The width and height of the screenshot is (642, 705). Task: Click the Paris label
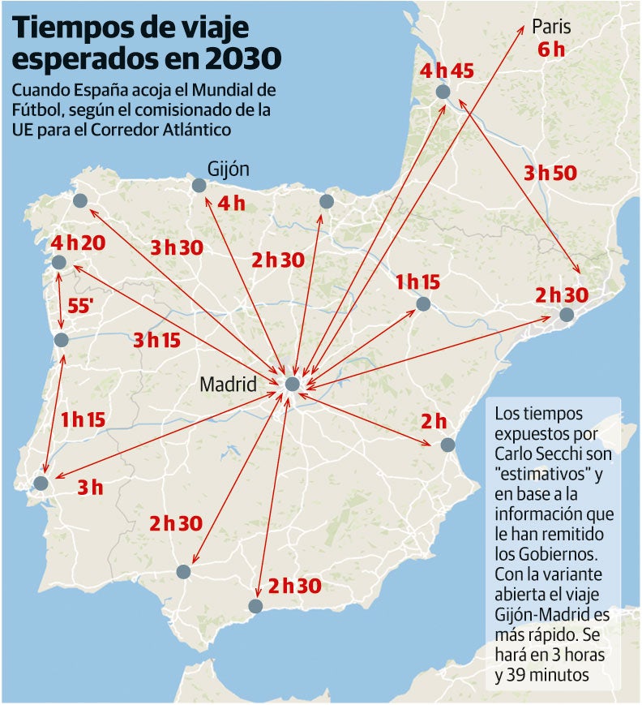(x=551, y=27)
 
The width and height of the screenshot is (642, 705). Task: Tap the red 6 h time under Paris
(x=550, y=49)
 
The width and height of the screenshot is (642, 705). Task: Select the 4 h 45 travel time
(x=447, y=71)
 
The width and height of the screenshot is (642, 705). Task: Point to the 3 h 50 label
(x=550, y=173)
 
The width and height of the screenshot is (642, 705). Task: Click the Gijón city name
(x=228, y=170)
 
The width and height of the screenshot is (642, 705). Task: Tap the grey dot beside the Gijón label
(x=199, y=186)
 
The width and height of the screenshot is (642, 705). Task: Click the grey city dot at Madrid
(x=292, y=384)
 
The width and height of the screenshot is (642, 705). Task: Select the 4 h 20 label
(x=79, y=243)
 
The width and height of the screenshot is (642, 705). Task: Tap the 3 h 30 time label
(x=176, y=248)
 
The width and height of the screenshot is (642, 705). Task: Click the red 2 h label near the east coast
(x=434, y=422)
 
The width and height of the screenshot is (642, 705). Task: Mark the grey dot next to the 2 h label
(x=447, y=445)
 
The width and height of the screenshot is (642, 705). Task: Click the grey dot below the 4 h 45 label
(x=442, y=92)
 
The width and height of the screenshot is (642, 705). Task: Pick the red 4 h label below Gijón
(x=231, y=204)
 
